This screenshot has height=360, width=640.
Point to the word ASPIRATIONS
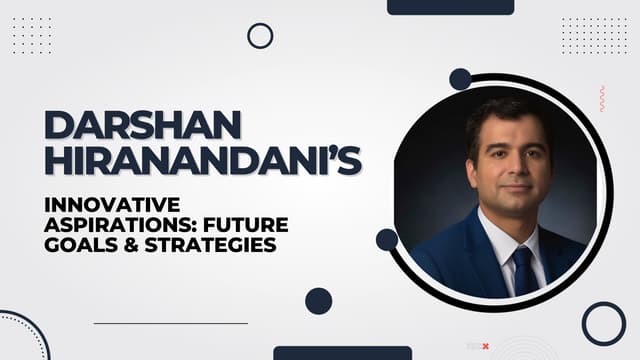click(x=111, y=225)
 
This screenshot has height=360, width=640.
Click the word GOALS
click(x=81, y=245)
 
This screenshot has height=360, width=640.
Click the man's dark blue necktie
click(x=523, y=269)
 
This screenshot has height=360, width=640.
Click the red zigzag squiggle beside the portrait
click(x=601, y=98)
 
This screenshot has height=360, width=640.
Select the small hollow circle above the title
click(x=260, y=36)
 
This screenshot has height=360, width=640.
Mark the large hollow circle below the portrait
click(x=603, y=323)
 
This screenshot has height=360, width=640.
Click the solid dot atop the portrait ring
click(x=460, y=79)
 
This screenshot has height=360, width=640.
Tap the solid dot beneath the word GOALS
click(x=318, y=301)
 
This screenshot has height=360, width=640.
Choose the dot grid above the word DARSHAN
click(x=31, y=35)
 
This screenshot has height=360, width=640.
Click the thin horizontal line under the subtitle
click(x=170, y=323)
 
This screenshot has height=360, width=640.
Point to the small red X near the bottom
click(x=485, y=347)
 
